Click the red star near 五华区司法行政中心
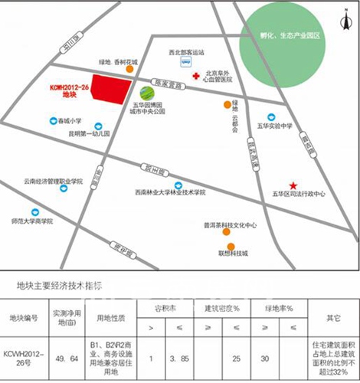tap(293, 185)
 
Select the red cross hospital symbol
tap(197, 76)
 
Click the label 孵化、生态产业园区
tap(295, 37)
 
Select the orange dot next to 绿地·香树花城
tap(131, 70)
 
